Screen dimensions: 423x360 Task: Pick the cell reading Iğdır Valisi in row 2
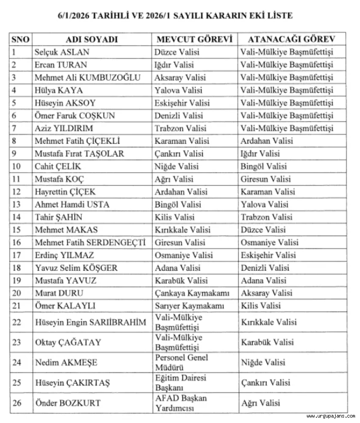point(174,65)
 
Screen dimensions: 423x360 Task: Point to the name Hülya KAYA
point(56,90)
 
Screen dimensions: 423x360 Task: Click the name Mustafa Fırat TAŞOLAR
point(79,154)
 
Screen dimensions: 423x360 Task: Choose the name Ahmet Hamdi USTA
point(72,205)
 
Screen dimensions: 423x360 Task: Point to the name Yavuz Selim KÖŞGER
point(76,268)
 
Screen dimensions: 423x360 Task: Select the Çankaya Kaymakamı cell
point(192,293)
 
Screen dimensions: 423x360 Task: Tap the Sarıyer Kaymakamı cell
point(189,306)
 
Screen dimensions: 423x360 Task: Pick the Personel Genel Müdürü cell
point(181,362)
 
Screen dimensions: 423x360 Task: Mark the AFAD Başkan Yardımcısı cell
point(181,403)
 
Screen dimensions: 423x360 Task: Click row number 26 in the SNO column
point(17,403)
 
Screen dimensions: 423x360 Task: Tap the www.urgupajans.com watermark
point(331,416)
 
